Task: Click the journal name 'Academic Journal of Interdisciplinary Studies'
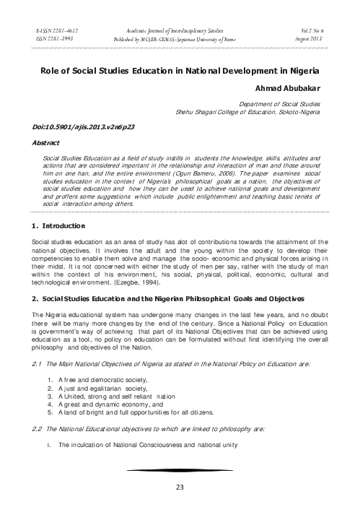pyautogui.click(x=179, y=24)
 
